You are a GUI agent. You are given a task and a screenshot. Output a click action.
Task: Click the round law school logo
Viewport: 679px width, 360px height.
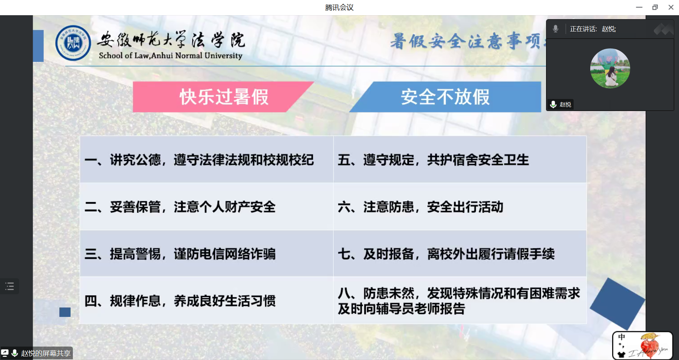73,43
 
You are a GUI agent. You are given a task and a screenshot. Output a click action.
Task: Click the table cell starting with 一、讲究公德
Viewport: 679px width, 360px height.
207,159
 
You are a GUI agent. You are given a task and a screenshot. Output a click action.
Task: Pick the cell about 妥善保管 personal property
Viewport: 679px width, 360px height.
207,207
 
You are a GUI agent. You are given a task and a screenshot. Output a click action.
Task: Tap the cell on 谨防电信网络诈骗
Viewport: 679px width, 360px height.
207,254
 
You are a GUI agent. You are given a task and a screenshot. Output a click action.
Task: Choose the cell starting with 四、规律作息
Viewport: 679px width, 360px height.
207,300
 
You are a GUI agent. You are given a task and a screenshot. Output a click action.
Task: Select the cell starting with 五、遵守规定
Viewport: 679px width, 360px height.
460,159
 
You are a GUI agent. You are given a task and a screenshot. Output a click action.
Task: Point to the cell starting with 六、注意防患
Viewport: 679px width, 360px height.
460,207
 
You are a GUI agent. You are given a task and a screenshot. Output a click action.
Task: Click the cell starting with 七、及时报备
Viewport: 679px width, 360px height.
460,254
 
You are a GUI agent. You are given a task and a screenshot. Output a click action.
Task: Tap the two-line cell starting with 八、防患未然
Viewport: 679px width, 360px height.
460,300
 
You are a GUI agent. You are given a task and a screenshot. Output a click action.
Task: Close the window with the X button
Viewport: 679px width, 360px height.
671,7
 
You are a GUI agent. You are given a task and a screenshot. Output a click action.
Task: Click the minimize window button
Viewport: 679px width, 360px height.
639,7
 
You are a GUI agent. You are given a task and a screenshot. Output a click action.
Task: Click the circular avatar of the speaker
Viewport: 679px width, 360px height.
610,68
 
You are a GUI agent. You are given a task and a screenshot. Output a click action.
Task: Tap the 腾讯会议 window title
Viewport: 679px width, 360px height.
339,7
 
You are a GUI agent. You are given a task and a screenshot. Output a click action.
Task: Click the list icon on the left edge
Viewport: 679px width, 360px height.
10,286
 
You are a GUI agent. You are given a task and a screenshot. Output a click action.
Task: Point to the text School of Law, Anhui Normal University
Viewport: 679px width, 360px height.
170,56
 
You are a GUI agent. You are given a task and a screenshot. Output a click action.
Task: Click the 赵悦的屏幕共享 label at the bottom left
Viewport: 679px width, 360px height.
46,353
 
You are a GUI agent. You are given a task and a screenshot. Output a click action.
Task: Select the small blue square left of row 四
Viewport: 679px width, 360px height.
65,312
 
